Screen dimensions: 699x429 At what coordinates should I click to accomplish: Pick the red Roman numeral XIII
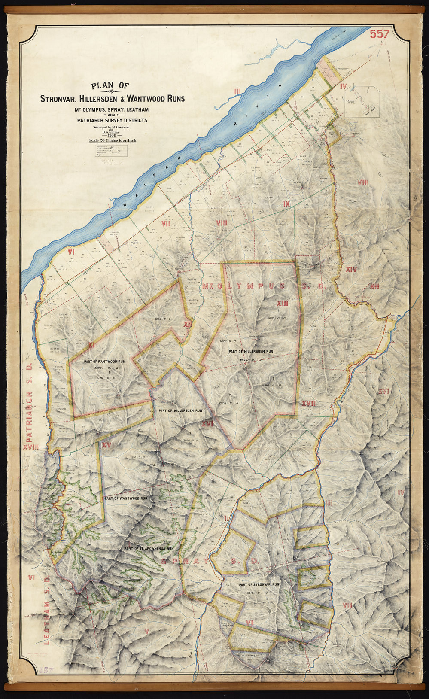(x=282, y=303)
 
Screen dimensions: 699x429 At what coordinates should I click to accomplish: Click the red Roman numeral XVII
(x=308, y=404)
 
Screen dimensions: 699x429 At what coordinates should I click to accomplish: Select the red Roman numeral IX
(x=287, y=204)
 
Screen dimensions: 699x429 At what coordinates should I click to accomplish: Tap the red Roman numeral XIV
(x=351, y=270)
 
